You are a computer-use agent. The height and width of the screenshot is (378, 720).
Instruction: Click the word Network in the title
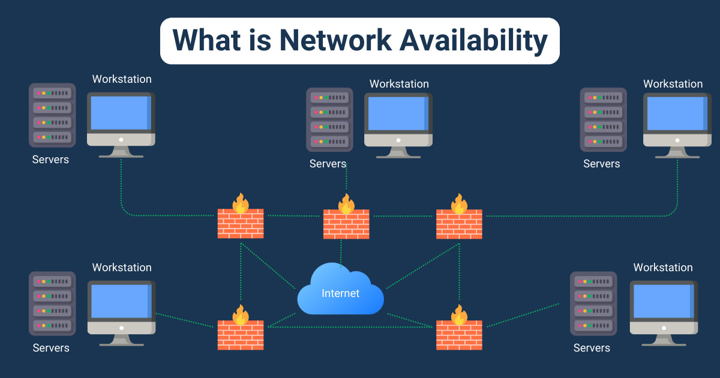point(325,40)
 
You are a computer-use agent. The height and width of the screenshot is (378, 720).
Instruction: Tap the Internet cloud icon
point(341,292)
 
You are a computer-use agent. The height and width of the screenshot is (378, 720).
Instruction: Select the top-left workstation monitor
point(121,114)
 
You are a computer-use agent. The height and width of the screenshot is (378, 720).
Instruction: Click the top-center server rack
point(329,119)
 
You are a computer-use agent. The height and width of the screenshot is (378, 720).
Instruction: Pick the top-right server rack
point(603,119)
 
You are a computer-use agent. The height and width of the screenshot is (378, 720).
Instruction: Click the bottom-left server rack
point(52,303)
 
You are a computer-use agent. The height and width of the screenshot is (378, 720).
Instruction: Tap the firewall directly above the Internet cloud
point(346,223)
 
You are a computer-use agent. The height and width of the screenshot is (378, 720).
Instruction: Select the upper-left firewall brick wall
point(241,223)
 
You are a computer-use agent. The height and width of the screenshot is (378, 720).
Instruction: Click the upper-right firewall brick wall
point(459,223)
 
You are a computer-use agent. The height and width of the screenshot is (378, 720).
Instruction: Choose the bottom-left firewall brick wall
point(241,335)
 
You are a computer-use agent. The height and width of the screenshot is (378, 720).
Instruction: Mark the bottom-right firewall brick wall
point(459,335)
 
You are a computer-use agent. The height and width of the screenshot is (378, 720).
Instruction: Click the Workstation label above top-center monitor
point(399,84)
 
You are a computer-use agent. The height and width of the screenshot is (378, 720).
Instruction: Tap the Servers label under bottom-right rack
point(592,348)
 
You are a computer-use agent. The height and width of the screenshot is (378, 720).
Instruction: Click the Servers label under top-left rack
point(50,160)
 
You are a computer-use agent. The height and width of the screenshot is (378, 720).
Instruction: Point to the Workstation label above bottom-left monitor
point(122,268)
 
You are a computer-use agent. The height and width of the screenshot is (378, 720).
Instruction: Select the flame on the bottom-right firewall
point(459,314)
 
